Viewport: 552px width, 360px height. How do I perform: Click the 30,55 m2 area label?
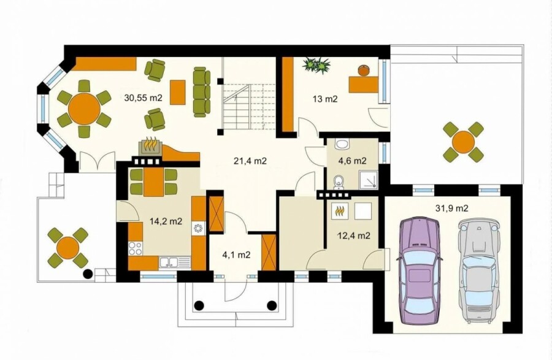(x=143, y=98)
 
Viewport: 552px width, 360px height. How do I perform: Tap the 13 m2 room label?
(x=325, y=99)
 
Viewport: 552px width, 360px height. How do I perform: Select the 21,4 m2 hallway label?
(x=250, y=161)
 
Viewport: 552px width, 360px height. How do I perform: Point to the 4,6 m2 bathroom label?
(x=353, y=161)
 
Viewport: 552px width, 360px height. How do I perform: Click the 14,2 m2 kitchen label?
(x=166, y=221)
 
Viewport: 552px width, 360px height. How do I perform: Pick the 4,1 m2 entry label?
(x=236, y=255)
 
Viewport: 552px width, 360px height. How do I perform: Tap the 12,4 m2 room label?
(x=354, y=236)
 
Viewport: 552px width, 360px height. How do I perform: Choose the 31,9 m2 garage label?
(x=452, y=209)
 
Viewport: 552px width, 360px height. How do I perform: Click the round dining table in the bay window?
(x=84, y=109)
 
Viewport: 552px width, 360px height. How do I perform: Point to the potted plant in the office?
(x=317, y=66)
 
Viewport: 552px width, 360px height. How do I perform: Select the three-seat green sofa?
(x=202, y=91)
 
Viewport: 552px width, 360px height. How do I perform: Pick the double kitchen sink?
(x=169, y=262)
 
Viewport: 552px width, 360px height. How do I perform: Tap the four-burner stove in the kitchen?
(x=135, y=248)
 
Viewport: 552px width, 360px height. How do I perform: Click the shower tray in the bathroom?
(x=369, y=180)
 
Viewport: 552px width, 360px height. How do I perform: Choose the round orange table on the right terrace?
(x=463, y=142)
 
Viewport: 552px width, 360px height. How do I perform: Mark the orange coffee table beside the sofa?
(x=177, y=92)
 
